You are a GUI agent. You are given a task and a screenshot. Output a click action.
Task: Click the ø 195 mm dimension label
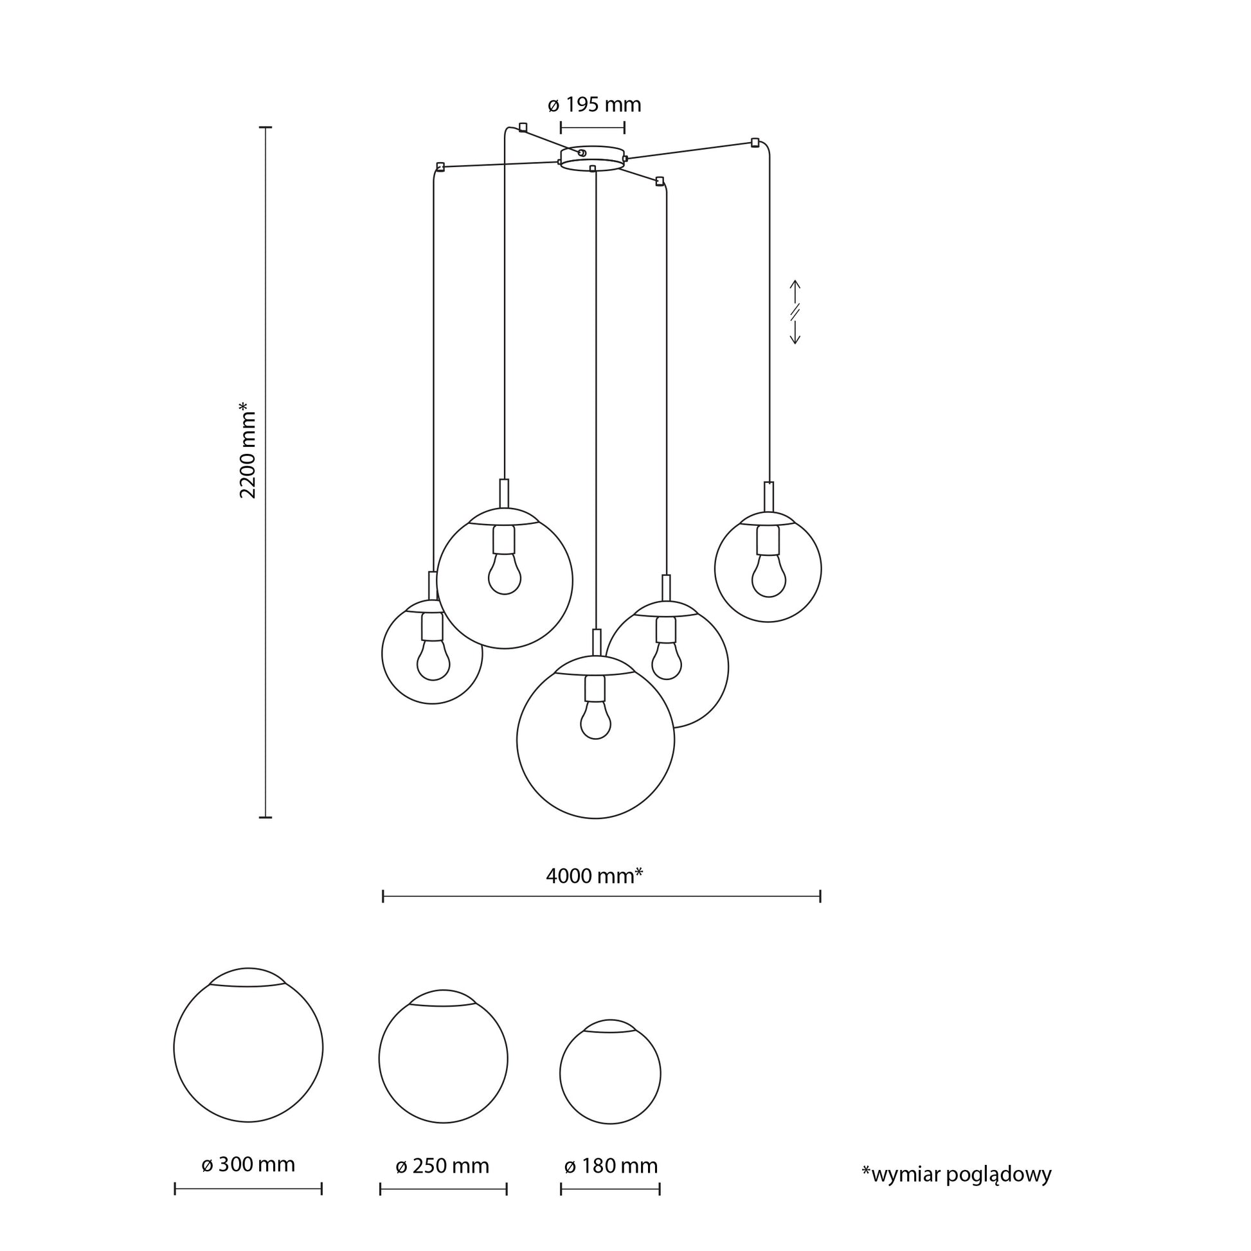(x=594, y=104)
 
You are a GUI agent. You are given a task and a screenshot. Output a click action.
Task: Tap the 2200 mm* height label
(x=248, y=450)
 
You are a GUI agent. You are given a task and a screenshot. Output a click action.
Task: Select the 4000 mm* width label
(x=595, y=876)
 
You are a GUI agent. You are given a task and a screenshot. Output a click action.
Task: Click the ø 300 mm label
(x=248, y=1164)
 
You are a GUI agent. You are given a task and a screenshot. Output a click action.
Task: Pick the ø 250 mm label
(x=443, y=1165)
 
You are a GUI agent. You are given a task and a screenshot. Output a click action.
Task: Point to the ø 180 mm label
(x=611, y=1165)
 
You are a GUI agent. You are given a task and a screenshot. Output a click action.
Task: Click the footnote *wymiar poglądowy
(x=957, y=1174)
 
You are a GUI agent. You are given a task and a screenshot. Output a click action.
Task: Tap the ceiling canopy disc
(x=592, y=159)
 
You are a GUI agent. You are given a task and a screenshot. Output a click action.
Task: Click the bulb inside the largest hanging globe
(x=596, y=720)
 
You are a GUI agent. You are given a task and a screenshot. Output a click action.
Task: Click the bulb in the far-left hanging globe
(x=433, y=660)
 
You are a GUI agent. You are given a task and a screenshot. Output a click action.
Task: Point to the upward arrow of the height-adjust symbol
(x=796, y=292)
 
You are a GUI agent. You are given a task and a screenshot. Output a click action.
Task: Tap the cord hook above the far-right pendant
(x=755, y=143)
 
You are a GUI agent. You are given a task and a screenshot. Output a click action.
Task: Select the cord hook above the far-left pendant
(x=440, y=167)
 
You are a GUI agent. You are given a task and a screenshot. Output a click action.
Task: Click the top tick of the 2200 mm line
(x=265, y=127)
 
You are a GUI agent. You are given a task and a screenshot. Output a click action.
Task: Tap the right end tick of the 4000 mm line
(x=820, y=896)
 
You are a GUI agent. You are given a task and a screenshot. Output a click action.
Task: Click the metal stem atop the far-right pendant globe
(x=769, y=498)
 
